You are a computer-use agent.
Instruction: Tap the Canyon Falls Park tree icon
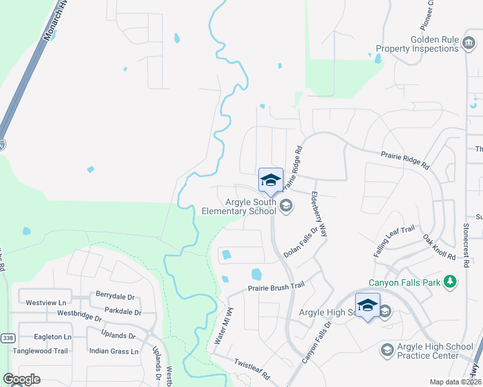[450, 282]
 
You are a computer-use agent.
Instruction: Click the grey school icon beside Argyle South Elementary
[287, 206]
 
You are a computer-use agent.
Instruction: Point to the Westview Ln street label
[46, 302]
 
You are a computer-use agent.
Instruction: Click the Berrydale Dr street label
[115, 297]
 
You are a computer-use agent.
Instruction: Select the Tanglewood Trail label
[43, 351]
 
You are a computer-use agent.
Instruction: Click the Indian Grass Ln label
[114, 352]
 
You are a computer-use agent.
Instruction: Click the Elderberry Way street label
[320, 212]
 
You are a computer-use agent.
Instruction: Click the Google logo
[21, 379]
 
